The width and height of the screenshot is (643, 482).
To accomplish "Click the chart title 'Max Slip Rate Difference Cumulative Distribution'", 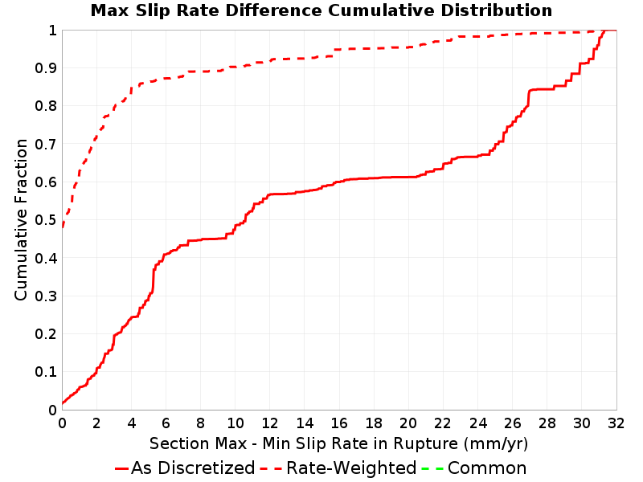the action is (321, 10).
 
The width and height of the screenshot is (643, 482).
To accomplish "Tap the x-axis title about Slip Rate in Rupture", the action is (338, 443).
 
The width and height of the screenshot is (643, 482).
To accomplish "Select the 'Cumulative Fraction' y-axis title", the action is (21, 219).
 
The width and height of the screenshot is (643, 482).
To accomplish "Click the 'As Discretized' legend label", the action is (193, 468).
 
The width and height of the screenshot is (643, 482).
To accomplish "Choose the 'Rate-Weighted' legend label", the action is (351, 468).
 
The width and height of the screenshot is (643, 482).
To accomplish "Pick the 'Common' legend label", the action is (487, 468).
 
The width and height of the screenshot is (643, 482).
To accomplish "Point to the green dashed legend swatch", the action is (432, 468).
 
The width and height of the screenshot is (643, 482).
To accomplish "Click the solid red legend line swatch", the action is (122, 468).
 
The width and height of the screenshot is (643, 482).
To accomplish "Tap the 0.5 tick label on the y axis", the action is (46, 219).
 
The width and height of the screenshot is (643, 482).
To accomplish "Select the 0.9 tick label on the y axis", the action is (46, 67).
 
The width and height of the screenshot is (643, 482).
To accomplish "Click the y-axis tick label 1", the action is (52, 30).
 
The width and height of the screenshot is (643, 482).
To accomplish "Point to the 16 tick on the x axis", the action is (339, 423).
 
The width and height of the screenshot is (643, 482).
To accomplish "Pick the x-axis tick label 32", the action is (616, 423).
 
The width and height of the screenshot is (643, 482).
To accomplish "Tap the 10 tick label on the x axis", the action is (235, 423).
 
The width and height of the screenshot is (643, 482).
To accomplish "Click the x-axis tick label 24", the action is (477, 423).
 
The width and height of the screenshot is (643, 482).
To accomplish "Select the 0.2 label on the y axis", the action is (46, 333).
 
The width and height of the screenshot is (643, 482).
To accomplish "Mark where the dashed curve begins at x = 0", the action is (63, 227).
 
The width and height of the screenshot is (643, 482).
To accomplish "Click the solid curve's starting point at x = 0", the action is (63, 404).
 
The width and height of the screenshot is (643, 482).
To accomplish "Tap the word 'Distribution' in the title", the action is (496, 10).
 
